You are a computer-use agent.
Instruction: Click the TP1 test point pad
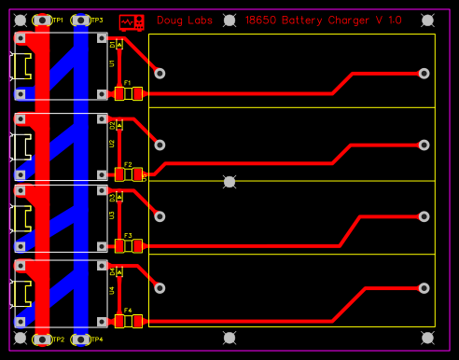42,20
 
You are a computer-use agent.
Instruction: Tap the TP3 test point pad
81,20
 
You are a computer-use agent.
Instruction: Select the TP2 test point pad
42,339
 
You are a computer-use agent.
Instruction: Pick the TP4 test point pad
81,339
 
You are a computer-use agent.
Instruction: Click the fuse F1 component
128,93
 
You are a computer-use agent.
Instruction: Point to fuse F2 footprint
128,173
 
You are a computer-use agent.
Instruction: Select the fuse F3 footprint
128,245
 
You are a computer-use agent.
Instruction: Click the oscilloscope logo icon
132,20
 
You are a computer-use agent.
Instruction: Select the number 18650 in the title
261,20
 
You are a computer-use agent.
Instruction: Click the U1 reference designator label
112,63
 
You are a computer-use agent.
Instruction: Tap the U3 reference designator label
112,215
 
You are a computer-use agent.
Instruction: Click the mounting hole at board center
229,181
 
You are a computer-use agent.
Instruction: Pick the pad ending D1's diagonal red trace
160,73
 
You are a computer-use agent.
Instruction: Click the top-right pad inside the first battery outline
424,73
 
